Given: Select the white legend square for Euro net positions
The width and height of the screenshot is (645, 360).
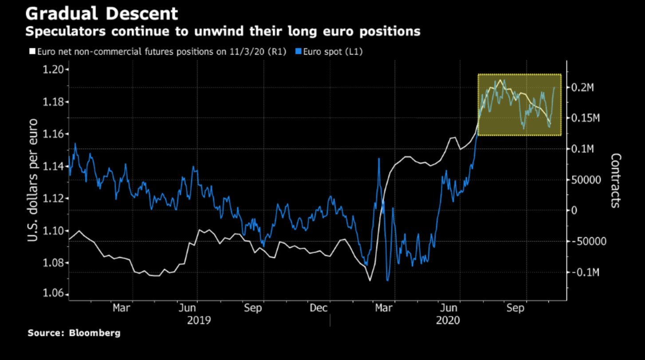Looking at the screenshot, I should click(32, 52).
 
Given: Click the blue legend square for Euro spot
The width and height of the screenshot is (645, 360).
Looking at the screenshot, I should click(298, 52).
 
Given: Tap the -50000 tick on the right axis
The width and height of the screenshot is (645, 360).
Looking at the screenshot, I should click(588, 242).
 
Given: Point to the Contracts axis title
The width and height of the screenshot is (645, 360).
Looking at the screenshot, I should click(615, 180).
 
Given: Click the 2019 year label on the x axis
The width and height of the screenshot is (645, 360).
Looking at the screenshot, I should click(199, 321).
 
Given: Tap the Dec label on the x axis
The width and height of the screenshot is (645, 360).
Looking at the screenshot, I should click(319, 308).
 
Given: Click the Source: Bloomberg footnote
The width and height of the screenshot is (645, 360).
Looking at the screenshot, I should click(74, 333).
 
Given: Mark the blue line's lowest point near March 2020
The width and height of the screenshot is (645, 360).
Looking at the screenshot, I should click(387, 280).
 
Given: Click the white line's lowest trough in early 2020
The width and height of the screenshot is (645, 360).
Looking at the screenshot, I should click(370, 280).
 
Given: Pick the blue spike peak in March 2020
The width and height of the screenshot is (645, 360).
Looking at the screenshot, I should click(379, 158).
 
